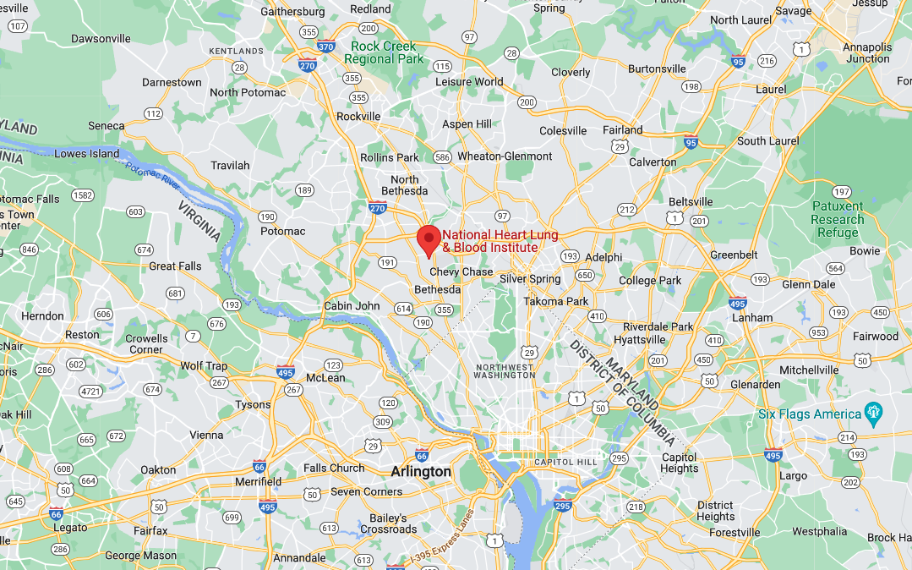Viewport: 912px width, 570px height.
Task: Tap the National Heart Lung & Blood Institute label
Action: click(490, 241)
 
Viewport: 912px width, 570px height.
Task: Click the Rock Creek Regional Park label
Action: click(384, 52)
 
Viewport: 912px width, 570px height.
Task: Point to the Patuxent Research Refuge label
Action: click(837, 219)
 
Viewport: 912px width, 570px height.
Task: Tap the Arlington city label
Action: click(421, 471)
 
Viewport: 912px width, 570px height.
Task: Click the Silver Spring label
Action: click(530, 279)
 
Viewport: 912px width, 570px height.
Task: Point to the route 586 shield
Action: click(441, 157)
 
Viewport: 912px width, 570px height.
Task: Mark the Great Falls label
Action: click(175, 266)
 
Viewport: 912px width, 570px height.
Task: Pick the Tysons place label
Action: click(253, 404)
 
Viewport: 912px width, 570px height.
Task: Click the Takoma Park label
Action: click(555, 301)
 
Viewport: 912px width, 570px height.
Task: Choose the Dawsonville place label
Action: click(101, 38)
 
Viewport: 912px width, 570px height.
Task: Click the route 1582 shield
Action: click(83, 195)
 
